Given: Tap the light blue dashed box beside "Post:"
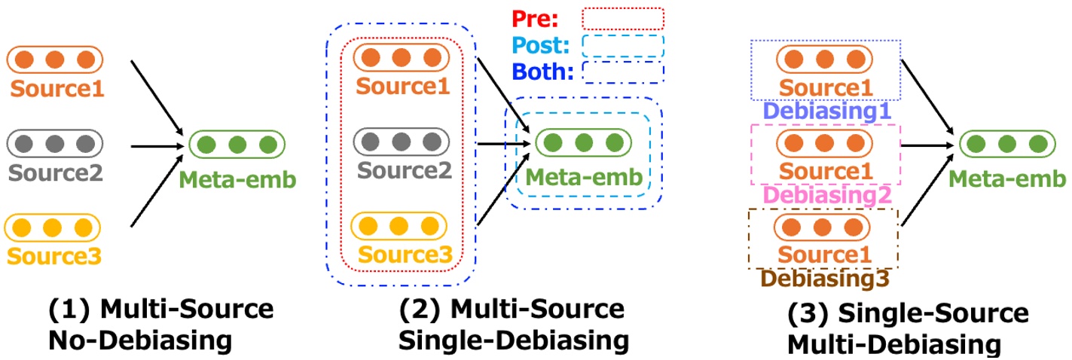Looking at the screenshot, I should [623, 45].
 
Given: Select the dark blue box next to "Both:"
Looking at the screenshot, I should [623, 72].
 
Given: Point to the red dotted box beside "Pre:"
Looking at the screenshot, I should [623, 18].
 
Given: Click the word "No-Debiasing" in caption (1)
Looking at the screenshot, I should [140, 341].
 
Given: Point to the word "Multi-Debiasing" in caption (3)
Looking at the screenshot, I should [894, 345].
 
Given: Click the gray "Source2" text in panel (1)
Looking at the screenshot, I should [54, 172].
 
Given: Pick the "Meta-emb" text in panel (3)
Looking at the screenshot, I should [1008, 178].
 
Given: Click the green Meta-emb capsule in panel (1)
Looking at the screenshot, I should [237, 144].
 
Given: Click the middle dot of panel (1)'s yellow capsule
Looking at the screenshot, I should [53, 227].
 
